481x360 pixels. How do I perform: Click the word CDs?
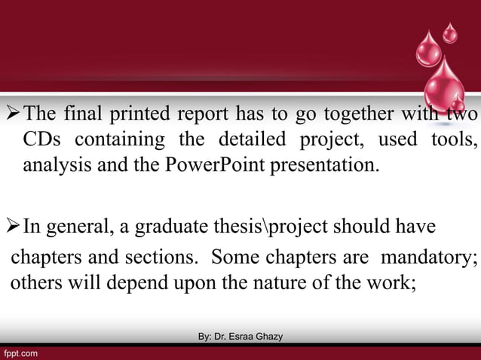41,139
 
